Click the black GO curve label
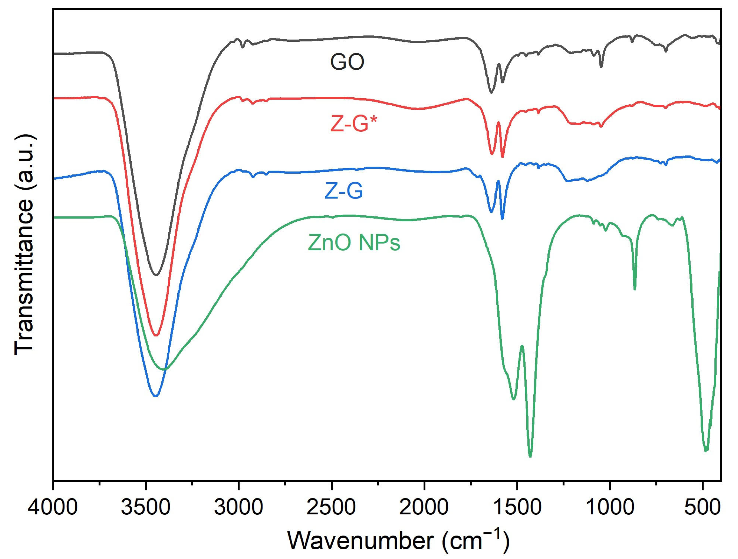(x=347, y=62)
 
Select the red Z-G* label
(x=355, y=124)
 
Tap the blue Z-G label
(x=344, y=191)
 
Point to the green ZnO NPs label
(x=354, y=243)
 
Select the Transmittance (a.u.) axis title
(x=24, y=245)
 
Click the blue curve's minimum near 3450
(x=155, y=396)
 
